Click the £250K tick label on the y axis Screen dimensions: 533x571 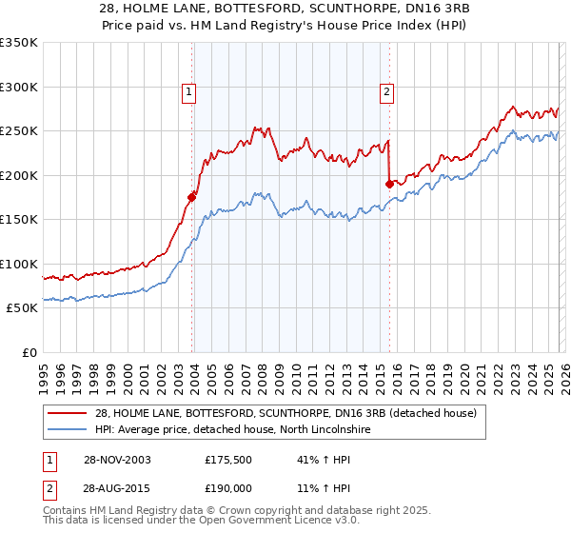pyautogui.click(x=19, y=131)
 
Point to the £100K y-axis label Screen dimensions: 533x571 pyautogui.click(x=19, y=264)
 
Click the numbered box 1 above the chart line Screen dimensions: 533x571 pyautogui.click(x=189, y=92)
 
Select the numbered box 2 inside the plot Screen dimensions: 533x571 pyautogui.click(x=387, y=92)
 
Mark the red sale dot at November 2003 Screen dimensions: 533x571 pyautogui.click(x=192, y=197)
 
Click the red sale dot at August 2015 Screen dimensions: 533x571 pyautogui.click(x=389, y=184)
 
